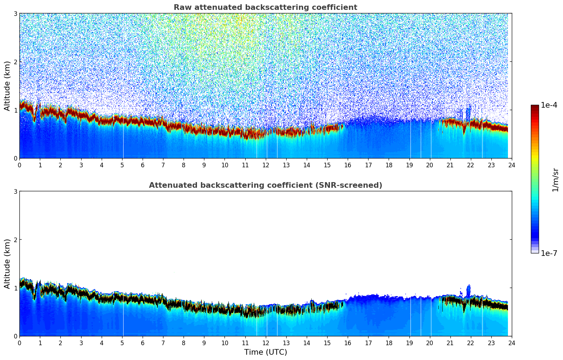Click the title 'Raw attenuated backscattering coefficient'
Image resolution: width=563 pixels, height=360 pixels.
point(265,7)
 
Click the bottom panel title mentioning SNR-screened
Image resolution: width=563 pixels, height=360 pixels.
point(265,185)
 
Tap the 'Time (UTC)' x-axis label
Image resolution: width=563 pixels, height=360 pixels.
point(265,352)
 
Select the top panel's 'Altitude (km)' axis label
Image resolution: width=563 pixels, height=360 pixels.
point(7,86)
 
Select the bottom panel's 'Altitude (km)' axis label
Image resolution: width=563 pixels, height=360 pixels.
point(7,264)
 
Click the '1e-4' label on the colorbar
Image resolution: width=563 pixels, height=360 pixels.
point(549,105)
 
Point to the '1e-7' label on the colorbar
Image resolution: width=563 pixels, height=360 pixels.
point(549,253)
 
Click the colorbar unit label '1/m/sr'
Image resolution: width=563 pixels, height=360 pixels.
point(555,180)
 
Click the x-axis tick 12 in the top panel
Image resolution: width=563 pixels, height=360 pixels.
point(266,165)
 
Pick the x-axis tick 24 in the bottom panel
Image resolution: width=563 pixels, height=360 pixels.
point(512,343)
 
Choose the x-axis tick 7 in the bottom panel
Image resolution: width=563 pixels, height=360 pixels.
point(163,343)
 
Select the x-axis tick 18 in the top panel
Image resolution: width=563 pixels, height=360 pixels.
point(389,165)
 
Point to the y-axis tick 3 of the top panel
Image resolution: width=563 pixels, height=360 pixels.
point(16,13)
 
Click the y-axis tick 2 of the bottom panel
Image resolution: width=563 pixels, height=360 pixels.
point(16,240)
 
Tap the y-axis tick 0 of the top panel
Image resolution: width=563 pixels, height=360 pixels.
point(16,158)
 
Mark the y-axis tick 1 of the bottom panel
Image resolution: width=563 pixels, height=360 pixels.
point(16,288)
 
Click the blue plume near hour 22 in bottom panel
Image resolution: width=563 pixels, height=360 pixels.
point(468,291)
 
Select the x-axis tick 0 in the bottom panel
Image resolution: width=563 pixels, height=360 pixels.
point(19,343)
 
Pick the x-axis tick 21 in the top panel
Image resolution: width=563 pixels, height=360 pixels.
point(450,165)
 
